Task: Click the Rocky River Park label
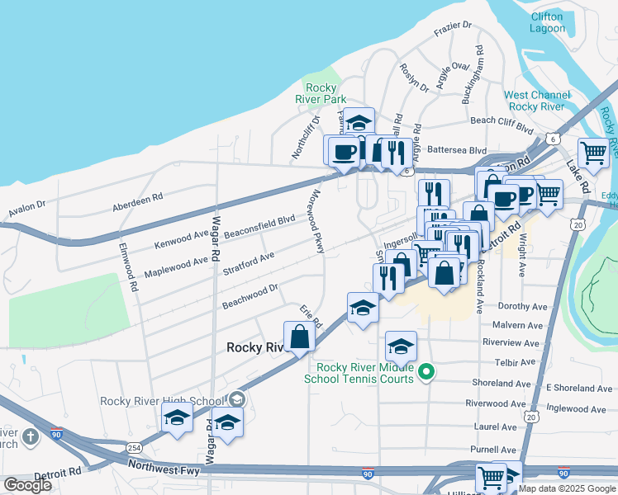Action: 321,93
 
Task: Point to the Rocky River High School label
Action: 162,401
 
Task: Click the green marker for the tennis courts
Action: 426,372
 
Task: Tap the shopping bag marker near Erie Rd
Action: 298,337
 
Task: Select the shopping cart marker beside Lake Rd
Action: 593,153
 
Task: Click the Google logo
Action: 27,485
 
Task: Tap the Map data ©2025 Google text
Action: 567,488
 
